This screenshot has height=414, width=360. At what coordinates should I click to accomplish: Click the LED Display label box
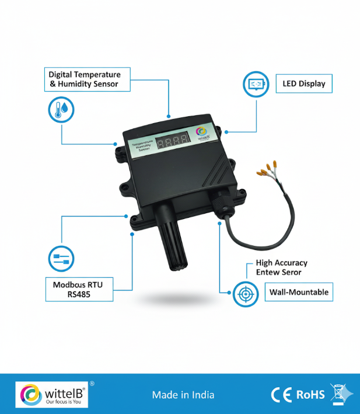point(303,84)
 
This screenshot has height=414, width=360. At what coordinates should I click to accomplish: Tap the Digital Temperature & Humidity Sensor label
point(85,79)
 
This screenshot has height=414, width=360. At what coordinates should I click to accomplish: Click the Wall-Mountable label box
point(299,292)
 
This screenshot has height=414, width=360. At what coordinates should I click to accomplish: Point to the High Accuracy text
point(281,263)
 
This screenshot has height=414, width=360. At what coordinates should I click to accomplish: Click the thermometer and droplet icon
point(61,109)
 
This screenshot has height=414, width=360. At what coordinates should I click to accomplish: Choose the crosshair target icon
point(245,293)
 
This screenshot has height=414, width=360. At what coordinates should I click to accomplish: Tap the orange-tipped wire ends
point(267,169)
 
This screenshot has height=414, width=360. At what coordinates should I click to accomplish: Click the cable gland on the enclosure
point(222,204)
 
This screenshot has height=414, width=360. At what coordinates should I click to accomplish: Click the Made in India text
point(183,395)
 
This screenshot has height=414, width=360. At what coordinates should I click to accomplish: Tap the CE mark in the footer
point(282,395)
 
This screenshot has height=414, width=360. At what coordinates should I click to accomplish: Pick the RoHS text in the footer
point(310,395)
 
